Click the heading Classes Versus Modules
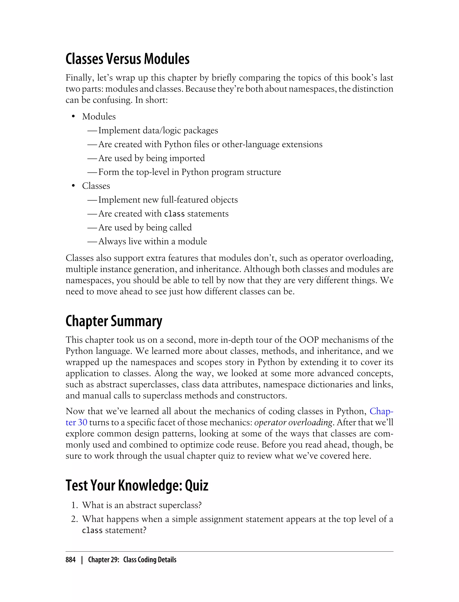[x=127, y=59]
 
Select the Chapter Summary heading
[x=114, y=321]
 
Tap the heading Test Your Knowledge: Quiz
[x=137, y=485]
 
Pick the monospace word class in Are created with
[x=174, y=214]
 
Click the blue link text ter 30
[x=76, y=422]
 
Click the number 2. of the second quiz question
[x=75, y=519]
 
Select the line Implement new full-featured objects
[x=168, y=200]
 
